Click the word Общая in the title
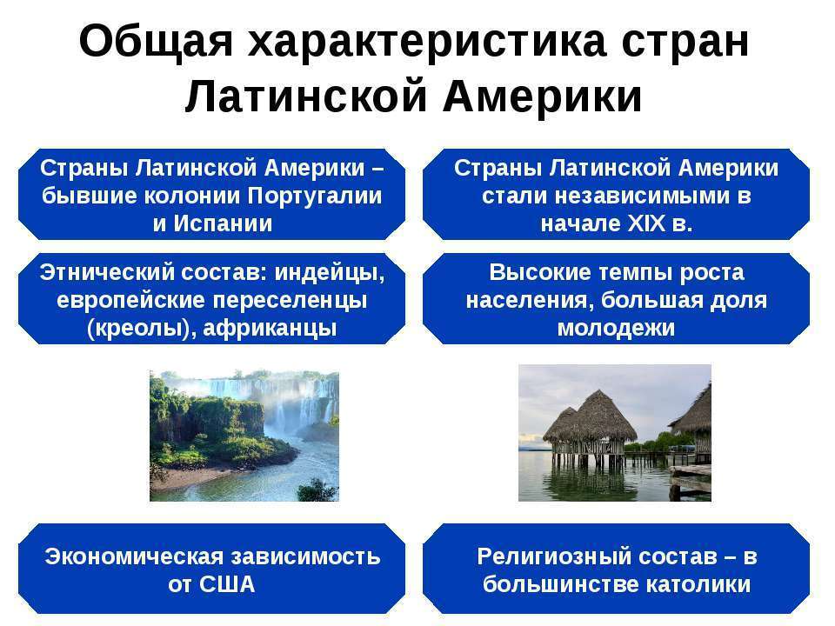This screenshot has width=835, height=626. click(156, 41)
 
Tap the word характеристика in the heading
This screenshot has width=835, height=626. click(426, 42)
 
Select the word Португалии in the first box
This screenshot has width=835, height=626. click(315, 196)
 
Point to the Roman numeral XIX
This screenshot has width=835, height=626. click(646, 223)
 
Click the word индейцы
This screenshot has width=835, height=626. click(330, 273)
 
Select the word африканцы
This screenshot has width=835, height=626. click(270, 329)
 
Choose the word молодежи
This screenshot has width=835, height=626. click(616, 329)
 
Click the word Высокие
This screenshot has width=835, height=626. click(540, 272)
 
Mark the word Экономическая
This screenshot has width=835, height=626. click(134, 556)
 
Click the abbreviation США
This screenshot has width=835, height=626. click(227, 584)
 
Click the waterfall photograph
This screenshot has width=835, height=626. click(244, 436)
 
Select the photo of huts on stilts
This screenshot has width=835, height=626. click(615, 433)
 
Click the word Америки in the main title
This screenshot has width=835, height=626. click(542, 97)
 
